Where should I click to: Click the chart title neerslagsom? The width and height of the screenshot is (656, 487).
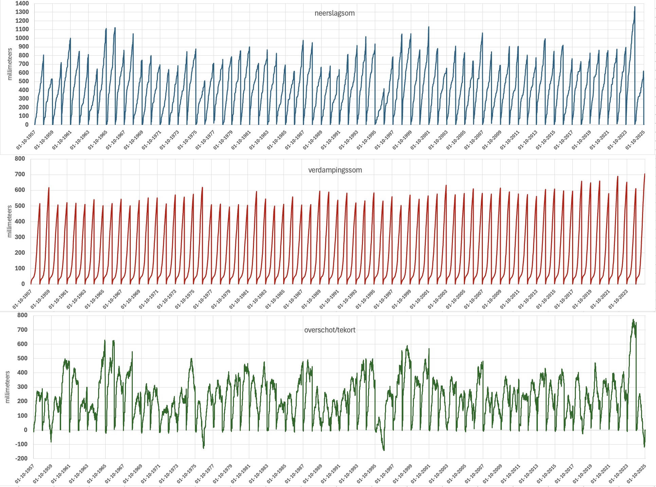click(334, 13)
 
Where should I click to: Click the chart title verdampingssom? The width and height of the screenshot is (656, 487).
click(335, 170)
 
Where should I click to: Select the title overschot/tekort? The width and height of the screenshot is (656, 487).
click(330, 330)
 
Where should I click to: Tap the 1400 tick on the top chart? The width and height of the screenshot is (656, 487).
click(22, 3)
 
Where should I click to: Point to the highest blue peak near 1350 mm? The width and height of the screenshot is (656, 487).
click(635, 7)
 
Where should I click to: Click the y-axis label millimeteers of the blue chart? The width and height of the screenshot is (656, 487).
click(10, 64)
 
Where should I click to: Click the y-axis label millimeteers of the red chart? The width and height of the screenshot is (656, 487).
click(10, 221)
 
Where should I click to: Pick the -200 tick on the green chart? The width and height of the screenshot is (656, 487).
click(21, 458)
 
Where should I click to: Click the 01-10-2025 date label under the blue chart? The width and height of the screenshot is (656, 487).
click(635, 140)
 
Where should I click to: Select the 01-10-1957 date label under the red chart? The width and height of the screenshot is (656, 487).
click(22, 299)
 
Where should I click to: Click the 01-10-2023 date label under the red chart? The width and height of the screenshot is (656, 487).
click(618, 299)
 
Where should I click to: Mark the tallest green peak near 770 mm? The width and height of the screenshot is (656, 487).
click(633, 320)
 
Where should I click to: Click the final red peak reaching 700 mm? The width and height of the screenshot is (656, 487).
click(644, 174)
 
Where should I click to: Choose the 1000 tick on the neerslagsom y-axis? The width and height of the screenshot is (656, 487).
click(22, 38)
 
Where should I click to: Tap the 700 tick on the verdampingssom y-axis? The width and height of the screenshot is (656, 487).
click(20, 174)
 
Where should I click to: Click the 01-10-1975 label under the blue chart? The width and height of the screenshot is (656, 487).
click(187, 140)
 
